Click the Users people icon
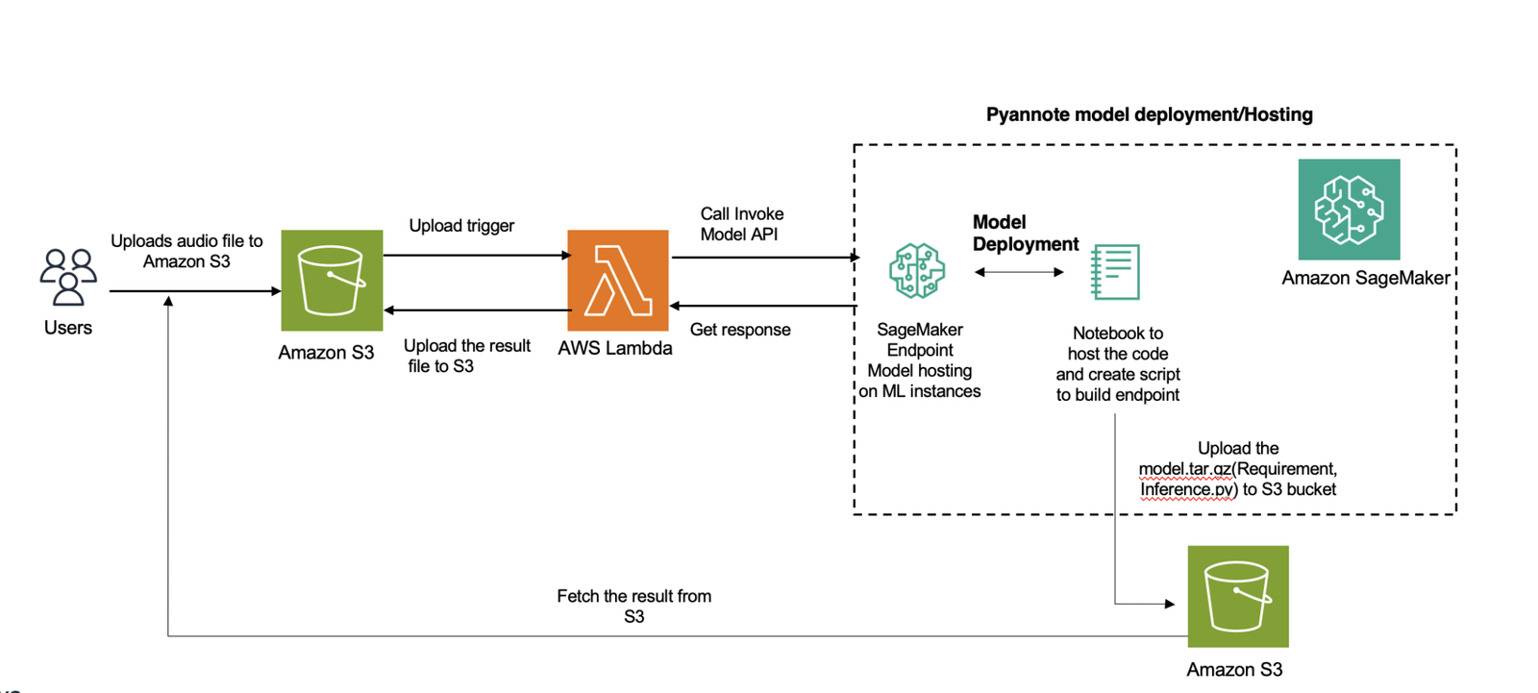click(x=68, y=277)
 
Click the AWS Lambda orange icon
click(x=617, y=280)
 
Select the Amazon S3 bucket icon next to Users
click(x=332, y=280)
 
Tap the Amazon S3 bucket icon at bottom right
click(x=1237, y=596)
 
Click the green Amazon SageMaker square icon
click(x=1349, y=210)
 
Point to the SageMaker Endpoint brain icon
click(x=917, y=271)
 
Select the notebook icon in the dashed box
click(x=1115, y=272)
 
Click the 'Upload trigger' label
click(x=461, y=226)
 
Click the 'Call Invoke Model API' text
click(x=741, y=224)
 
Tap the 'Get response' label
click(x=740, y=330)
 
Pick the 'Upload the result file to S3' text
click(x=466, y=356)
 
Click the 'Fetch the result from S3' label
click(x=633, y=606)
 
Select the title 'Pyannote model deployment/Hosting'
click(x=1149, y=114)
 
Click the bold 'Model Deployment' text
click(x=1025, y=233)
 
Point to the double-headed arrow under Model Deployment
click(x=1019, y=272)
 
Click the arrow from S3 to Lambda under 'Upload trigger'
click(x=477, y=256)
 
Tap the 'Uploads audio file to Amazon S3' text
click(x=186, y=251)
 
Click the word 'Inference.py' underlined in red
click(x=1188, y=489)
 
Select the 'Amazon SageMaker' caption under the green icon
click(x=1365, y=278)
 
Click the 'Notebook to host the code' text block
click(x=1117, y=363)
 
